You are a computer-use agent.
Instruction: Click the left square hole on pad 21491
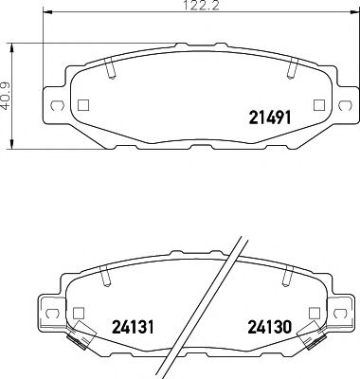81,105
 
